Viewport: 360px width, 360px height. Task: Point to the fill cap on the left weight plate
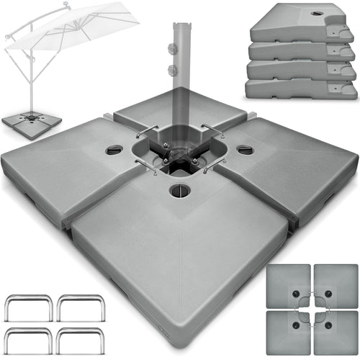click(x=114, y=150)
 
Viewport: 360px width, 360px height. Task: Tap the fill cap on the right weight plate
click(x=245, y=150)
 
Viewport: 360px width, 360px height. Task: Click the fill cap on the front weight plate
click(x=179, y=191)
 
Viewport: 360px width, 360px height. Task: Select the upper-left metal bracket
click(x=30, y=307)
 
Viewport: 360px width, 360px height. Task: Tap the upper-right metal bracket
click(x=78, y=307)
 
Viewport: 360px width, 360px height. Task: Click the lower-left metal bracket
click(x=30, y=340)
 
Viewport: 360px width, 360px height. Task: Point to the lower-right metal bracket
click(x=78, y=340)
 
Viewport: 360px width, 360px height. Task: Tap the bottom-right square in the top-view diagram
click(x=336, y=332)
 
